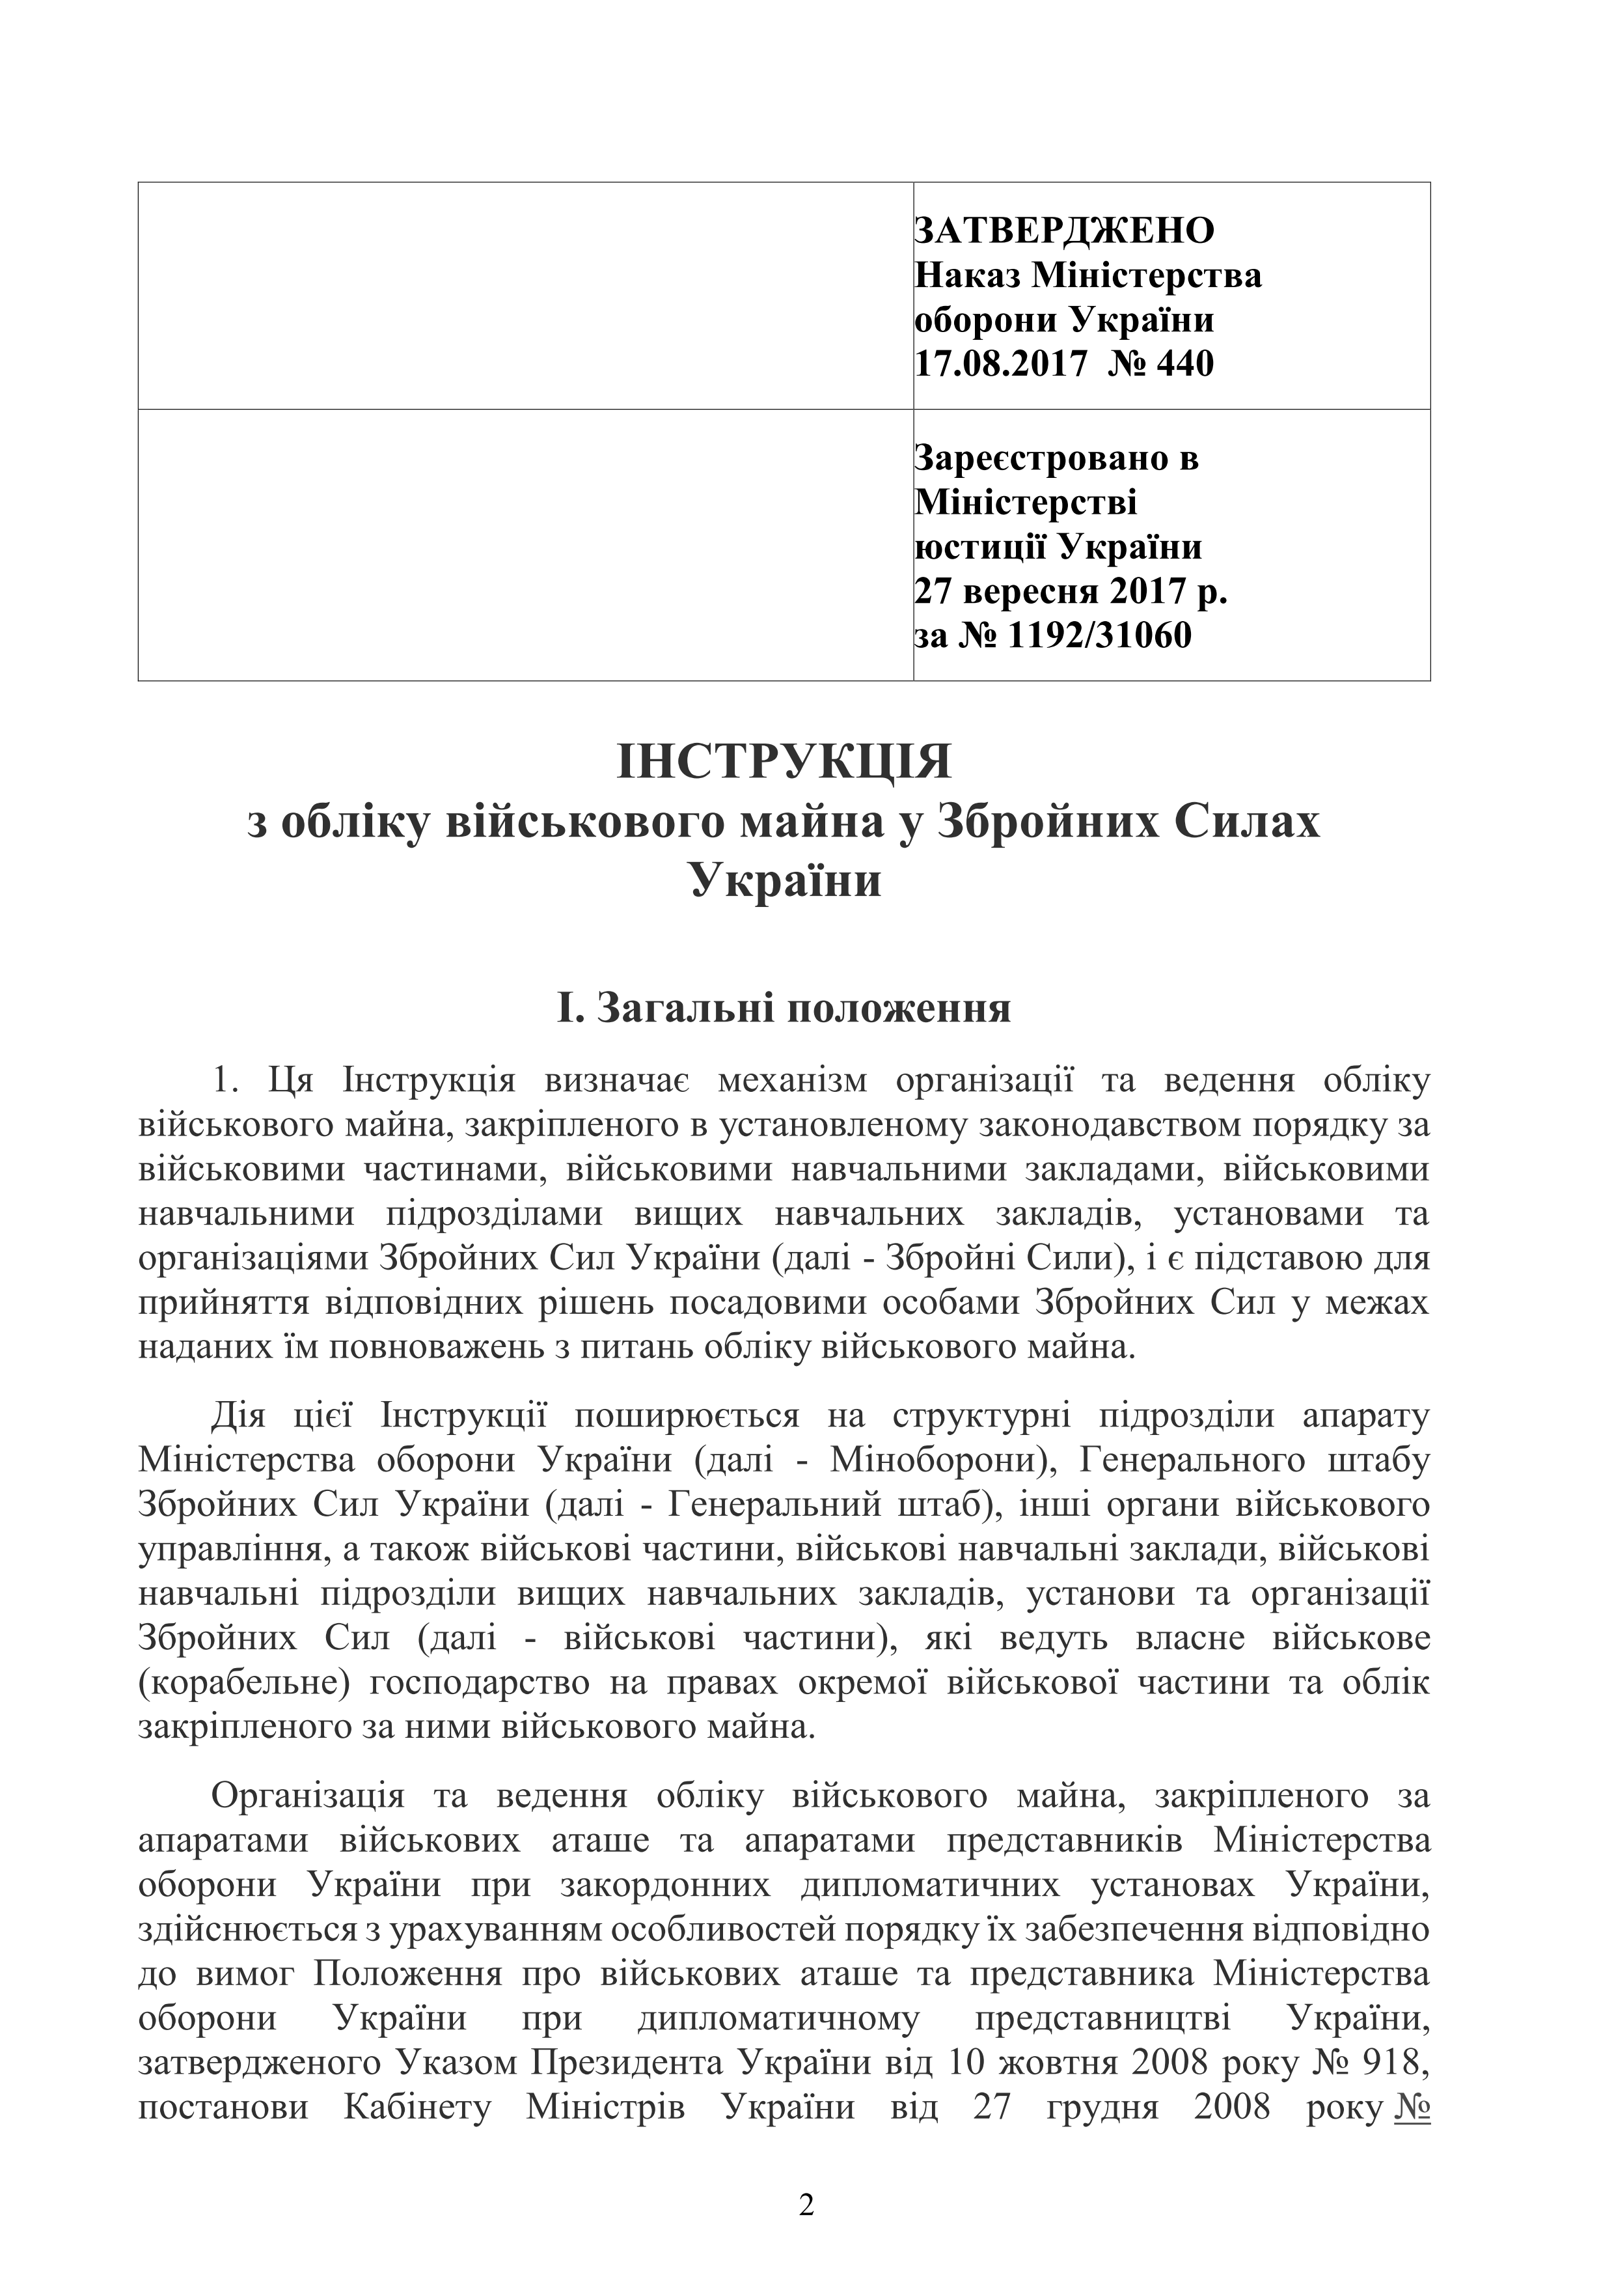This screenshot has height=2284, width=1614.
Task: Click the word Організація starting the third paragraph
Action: pyautogui.click(x=307, y=1796)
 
